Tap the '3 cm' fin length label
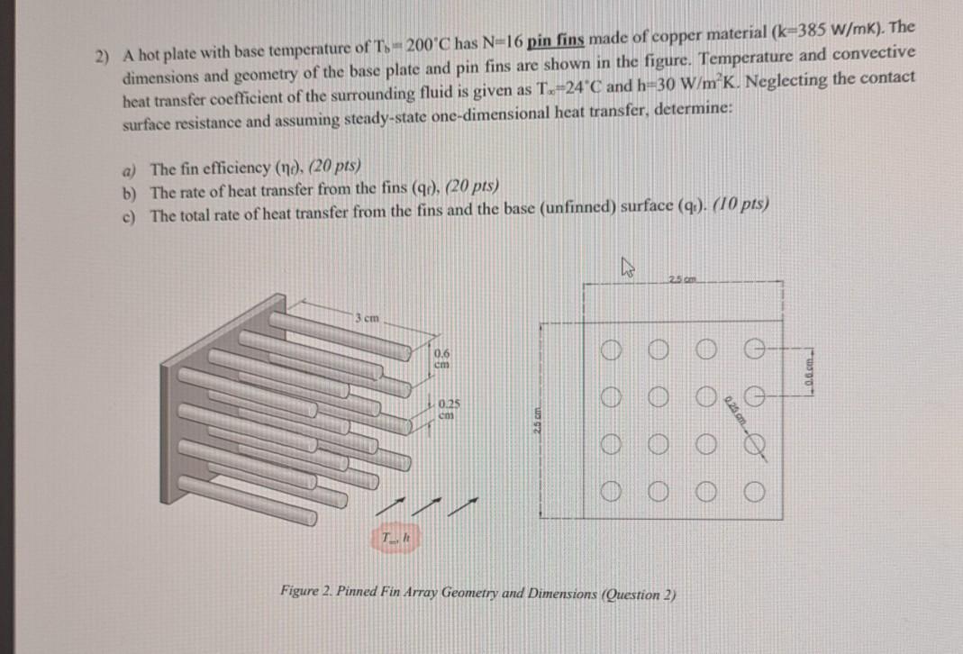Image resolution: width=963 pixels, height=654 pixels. point(366,317)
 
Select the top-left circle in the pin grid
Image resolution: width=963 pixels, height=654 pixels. point(613,349)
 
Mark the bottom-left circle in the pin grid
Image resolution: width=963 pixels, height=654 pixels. point(613,492)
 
